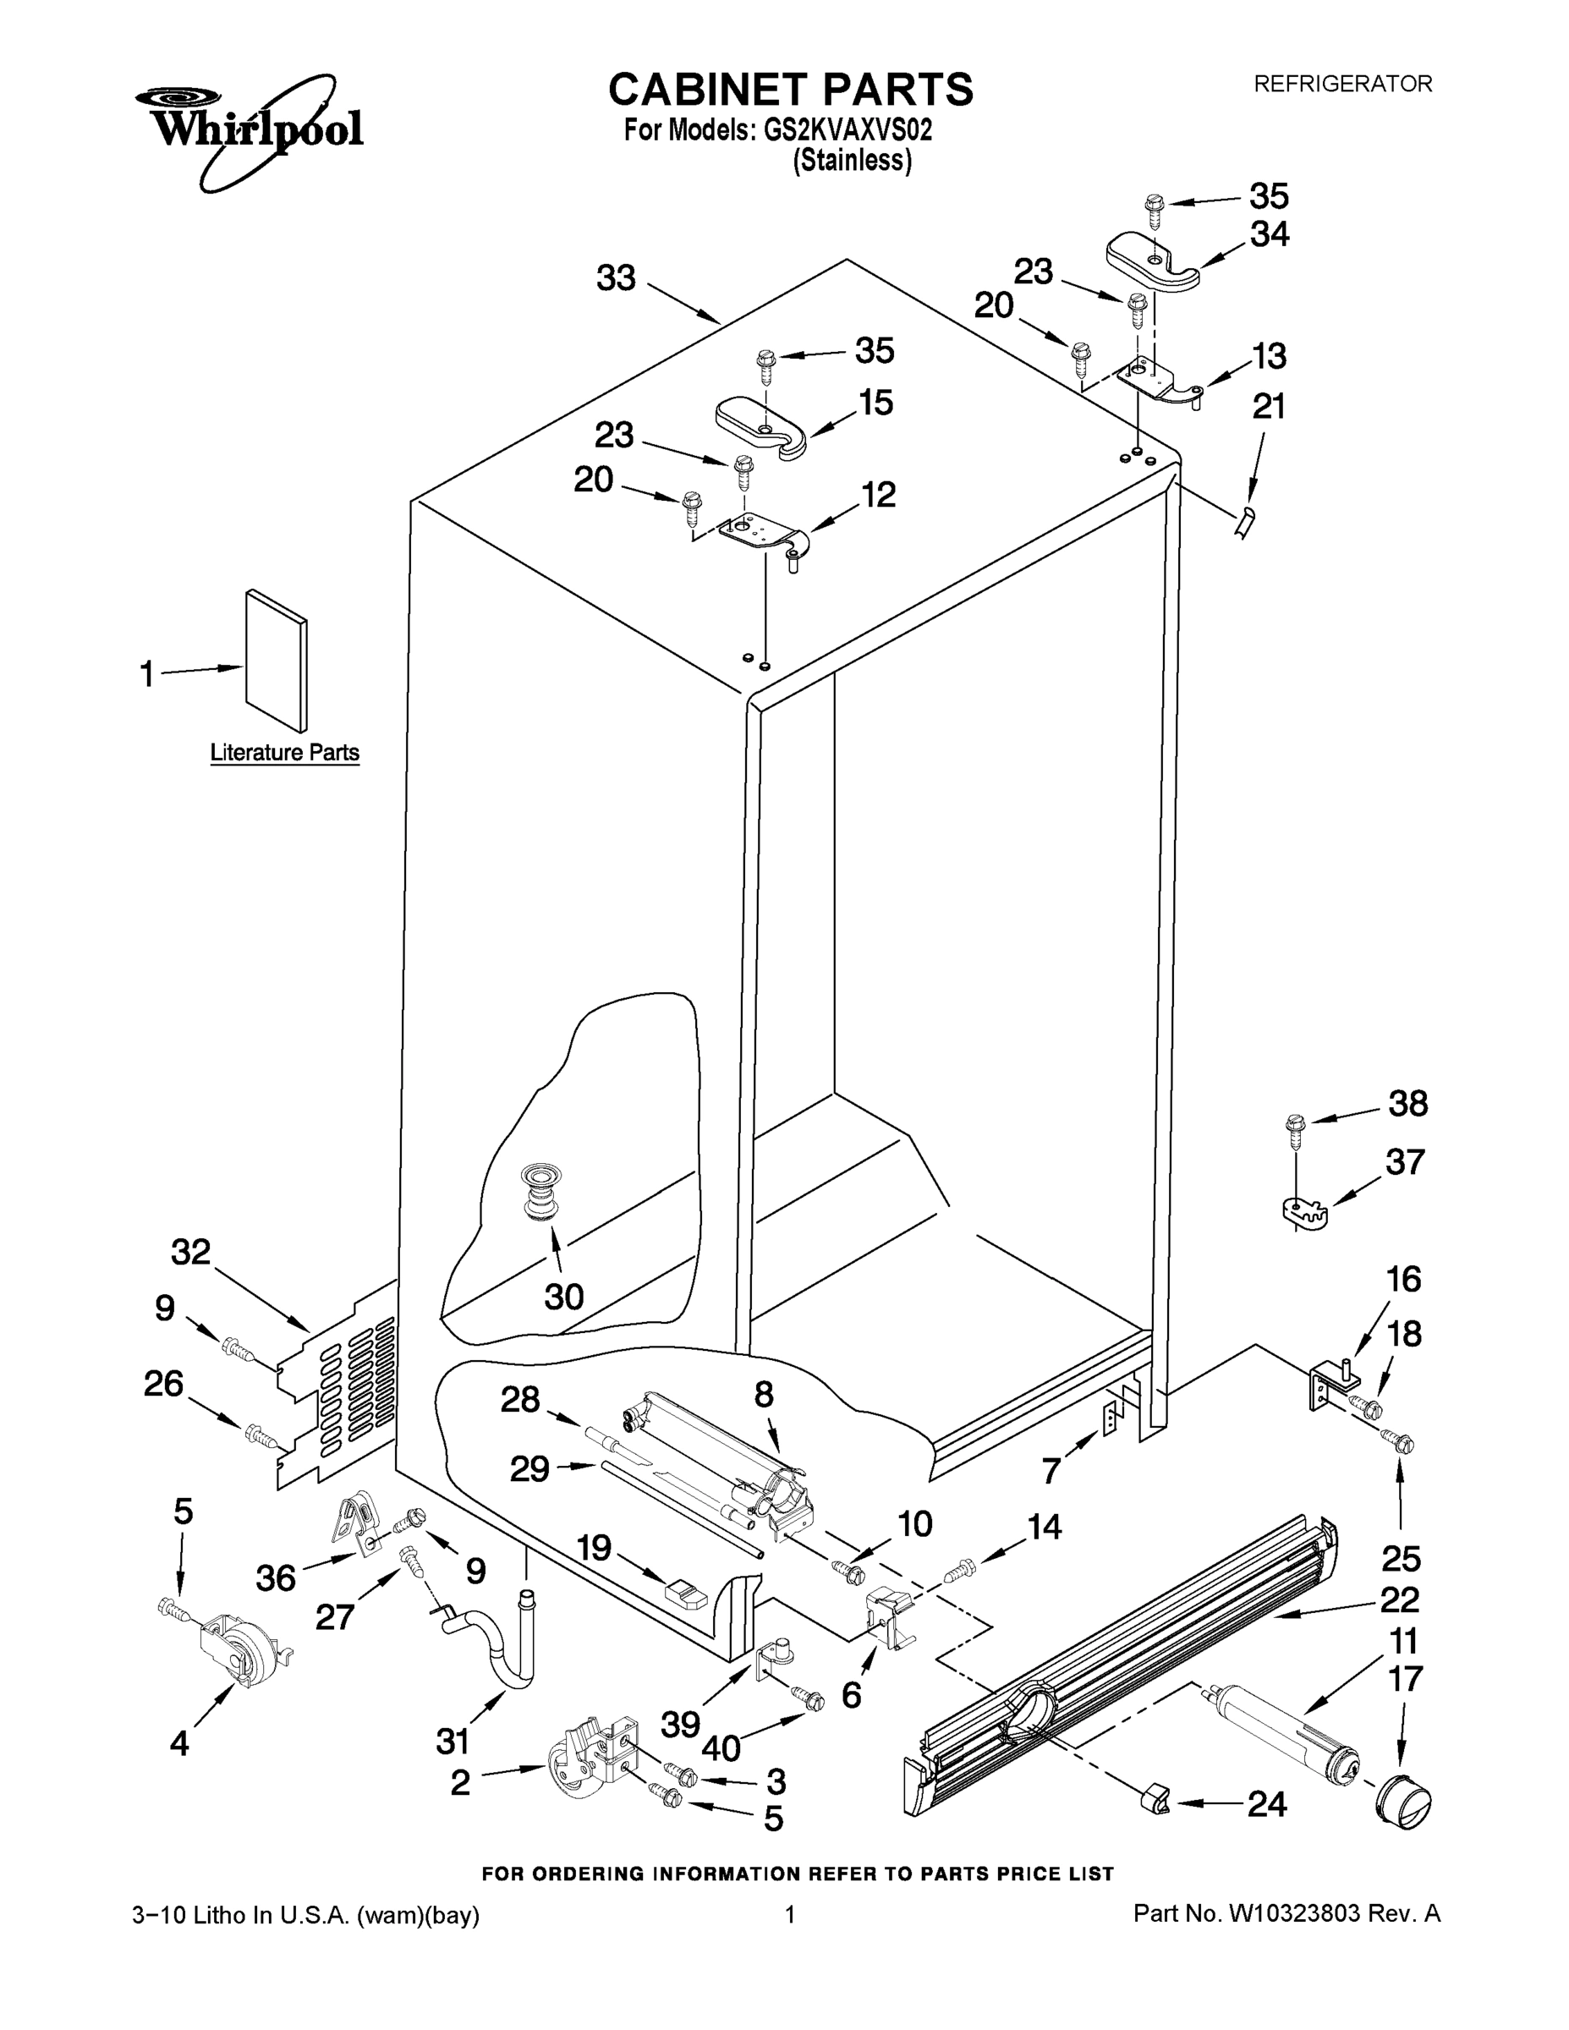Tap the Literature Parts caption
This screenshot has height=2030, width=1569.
click(284, 752)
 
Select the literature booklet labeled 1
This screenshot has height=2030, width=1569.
click(276, 660)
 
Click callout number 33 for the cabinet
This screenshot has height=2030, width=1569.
click(615, 277)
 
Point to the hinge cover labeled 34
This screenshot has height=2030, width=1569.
click(1154, 264)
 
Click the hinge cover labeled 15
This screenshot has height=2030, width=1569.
click(761, 426)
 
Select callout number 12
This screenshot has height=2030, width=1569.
click(877, 495)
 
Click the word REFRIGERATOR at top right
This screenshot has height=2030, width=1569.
click(1342, 84)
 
